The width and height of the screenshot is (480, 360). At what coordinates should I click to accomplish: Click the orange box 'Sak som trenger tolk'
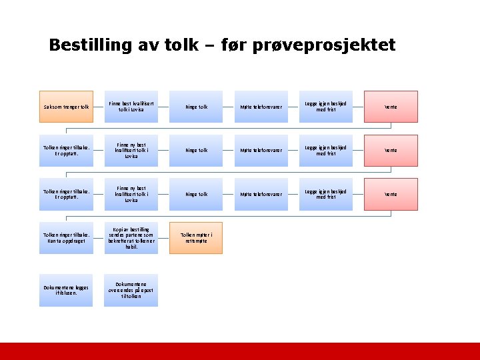[x=66, y=107]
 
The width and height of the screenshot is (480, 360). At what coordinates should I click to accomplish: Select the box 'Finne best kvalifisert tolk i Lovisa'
[x=131, y=107]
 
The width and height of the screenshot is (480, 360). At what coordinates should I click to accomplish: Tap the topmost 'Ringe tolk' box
[x=196, y=107]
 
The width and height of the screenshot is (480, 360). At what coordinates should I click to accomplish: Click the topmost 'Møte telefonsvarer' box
[x=261, y=107]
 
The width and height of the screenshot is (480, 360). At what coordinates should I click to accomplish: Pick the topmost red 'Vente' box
[x=391, y=107]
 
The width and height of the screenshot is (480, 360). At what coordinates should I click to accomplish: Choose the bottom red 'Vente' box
[x=391, y=194]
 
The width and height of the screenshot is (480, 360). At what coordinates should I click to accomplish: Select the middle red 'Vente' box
[x=391, y=151]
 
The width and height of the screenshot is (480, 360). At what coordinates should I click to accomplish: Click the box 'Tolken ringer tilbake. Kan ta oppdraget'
[x=66, y=238]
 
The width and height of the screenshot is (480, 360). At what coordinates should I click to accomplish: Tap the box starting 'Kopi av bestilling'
[x=131, y=238]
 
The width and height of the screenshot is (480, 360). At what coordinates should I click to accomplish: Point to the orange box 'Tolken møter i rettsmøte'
[x=196, y=238]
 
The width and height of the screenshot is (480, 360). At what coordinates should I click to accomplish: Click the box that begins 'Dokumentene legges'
[x=66, y=290]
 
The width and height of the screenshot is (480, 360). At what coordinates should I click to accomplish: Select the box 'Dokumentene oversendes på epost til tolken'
[x=131, y=290]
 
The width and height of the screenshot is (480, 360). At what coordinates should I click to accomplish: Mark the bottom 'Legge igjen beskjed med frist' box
[x=326, y=194]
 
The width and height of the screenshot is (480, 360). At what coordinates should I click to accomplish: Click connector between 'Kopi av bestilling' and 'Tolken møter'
[x=164, y=238]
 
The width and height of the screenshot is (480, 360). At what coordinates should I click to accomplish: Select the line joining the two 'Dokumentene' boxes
[x=99, y=290]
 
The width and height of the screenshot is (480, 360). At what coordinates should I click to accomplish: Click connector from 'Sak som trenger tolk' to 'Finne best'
[x=99, y=107]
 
